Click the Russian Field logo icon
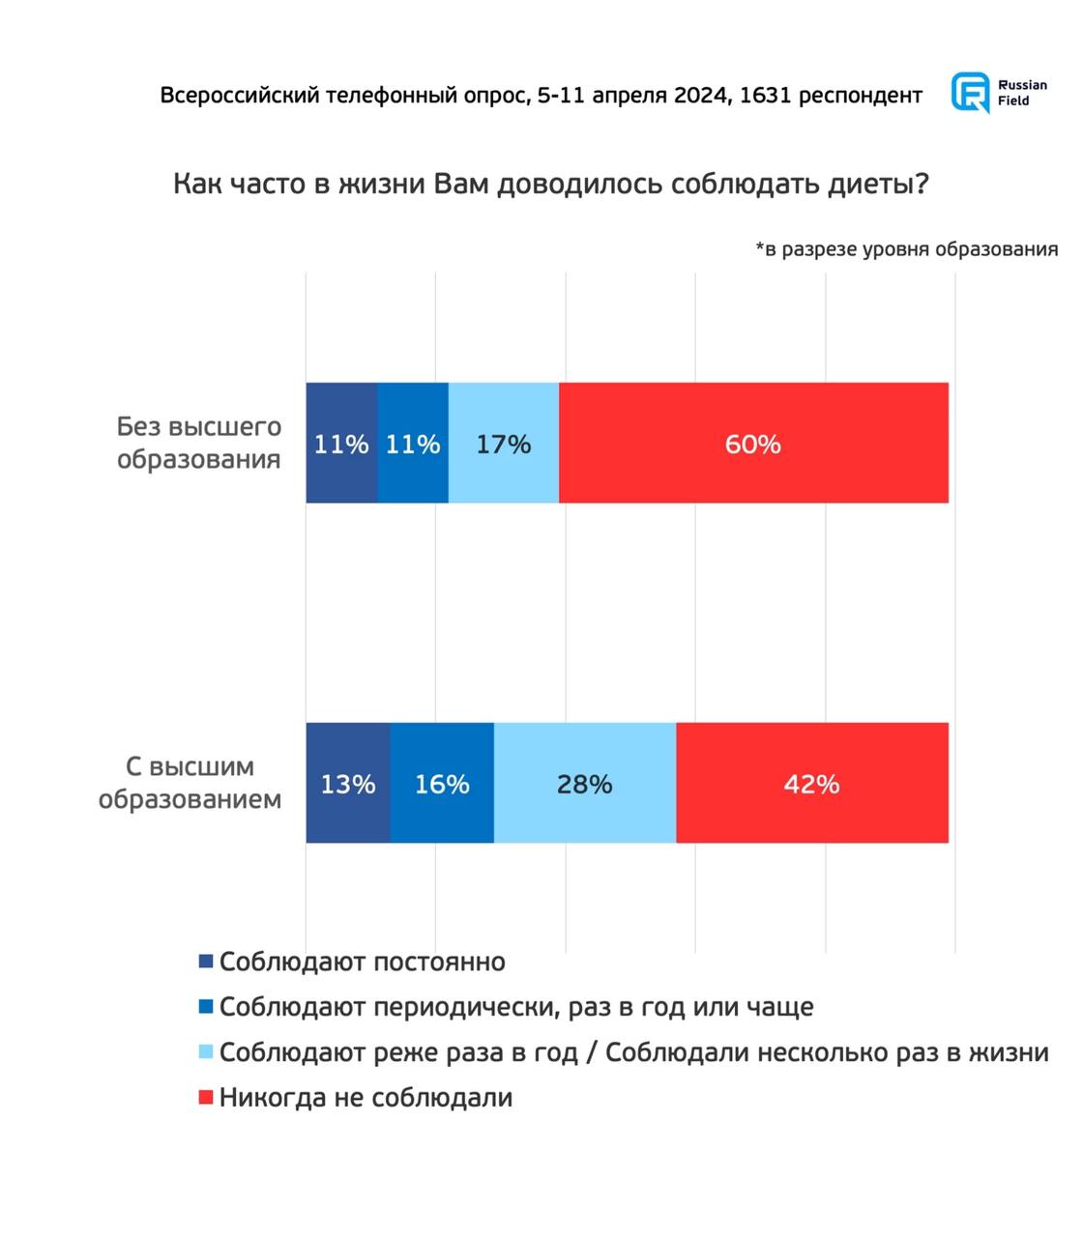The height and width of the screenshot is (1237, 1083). click(x=971, y=93)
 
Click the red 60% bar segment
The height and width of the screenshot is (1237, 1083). click(x=753, y=444)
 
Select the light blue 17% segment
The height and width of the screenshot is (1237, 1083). click(x=504, y=444)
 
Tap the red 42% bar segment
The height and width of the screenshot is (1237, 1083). click(x=812, y=784)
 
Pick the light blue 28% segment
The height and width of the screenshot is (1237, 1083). click(x=585, y=784)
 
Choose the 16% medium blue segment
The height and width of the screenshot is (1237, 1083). click(x=442, y=784)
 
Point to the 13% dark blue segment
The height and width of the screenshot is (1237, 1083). click(x=348, y=784)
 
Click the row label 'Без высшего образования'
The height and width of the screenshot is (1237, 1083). click(x=199, y=443)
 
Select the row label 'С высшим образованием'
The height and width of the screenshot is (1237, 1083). click(x=190, y=783)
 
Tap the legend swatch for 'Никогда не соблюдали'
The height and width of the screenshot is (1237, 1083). click(x=205, y=1098)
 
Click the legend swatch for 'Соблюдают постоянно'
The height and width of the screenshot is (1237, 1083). click(x=205, y=963)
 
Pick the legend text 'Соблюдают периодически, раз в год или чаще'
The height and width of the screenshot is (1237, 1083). click(x=516, y=1007)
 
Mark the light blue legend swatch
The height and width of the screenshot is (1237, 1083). click(x=205, y=1052)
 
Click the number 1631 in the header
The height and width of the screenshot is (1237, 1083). click(x=766, y=96)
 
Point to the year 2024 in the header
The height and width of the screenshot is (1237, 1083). click(x=701, y=96)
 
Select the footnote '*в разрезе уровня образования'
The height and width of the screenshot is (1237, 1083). click(x=906, y=249)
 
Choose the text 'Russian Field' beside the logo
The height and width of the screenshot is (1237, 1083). click(x=1022, y=93)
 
